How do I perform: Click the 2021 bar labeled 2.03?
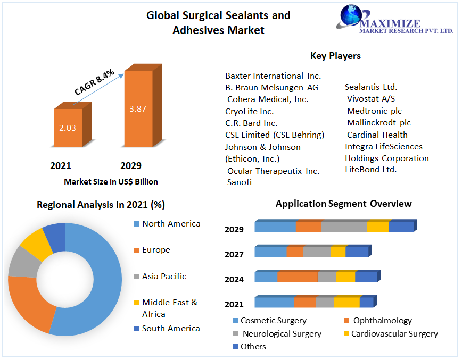pyautogui.click(x=68, y=128)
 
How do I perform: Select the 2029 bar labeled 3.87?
pyautogui.click(x=137, y=108)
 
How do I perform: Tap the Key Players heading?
pyautogui.click(x=335, y=56)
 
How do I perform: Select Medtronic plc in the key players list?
pyautogui.click(x=374, y=111)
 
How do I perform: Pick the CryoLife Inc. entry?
pyautogui.click(x=249, y=111)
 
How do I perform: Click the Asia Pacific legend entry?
pyautogui.click(x=164, y=277)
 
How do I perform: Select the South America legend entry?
pyautogui.click(x=171, y=329)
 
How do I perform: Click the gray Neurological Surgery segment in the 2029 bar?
pyautogui.click(x=344, y=227)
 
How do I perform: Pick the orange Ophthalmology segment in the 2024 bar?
pyautogui.click(x=298, y=277)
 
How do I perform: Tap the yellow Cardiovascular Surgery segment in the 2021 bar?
pyautogui.click(x=346, y=303)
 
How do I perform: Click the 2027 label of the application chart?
pyautogui.click(x=234, y=255)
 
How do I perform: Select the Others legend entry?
pyautogui.click(x=253, y=347)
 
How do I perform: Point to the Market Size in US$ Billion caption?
pyautogui.click(x=111, y=182)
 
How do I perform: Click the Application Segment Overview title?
pyautogui.click(x=343, y=204)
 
